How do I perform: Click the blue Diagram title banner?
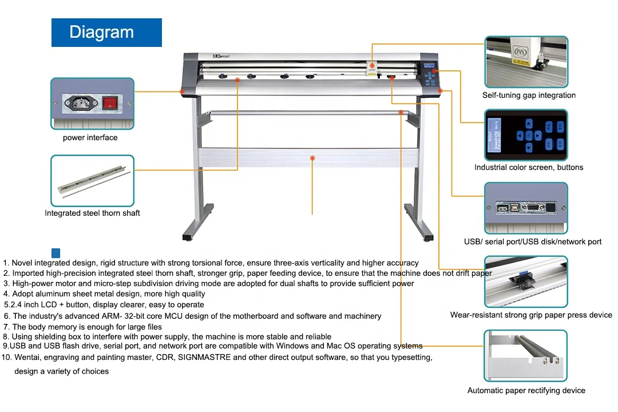coord(106,33)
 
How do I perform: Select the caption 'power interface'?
coord(90,138)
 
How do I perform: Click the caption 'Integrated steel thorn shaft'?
coord(93,213)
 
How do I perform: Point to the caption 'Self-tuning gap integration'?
coord(529,96)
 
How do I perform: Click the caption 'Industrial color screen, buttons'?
coord(529,168)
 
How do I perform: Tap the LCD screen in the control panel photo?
coord(495,135)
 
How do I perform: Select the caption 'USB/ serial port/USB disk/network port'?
coord(533,242)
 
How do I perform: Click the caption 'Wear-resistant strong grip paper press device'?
coord(531,315)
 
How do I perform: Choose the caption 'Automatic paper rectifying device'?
coord(526,391)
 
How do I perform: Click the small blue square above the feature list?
coord(56,252)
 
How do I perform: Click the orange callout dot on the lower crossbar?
coord(312,157)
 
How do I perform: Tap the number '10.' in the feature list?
coord(7,358)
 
